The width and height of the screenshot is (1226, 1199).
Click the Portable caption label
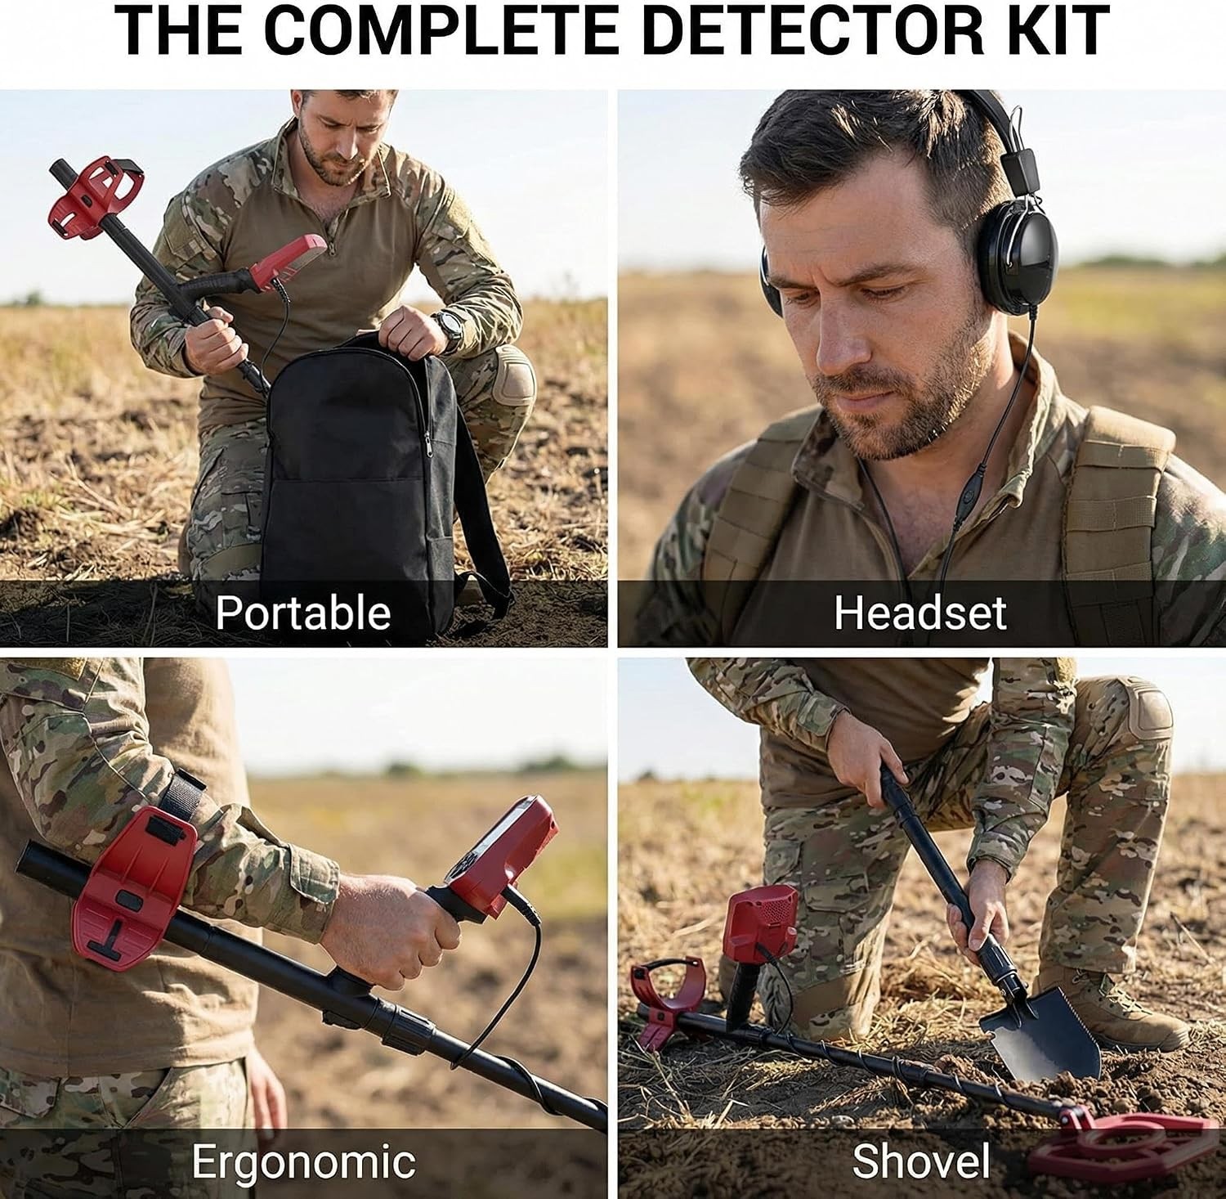point(303,613)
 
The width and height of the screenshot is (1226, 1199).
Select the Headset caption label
point(920,613)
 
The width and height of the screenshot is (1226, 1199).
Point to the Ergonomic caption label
point(303,1161)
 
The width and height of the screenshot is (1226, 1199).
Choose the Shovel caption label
point(921,1161)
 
